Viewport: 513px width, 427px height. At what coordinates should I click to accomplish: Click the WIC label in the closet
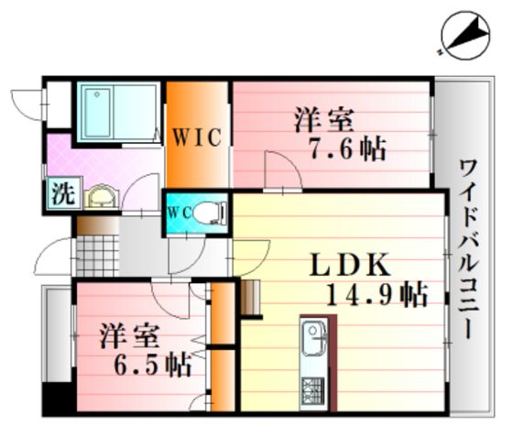[x=197, y=137]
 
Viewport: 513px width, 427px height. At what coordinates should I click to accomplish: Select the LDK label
[x=350, y=265]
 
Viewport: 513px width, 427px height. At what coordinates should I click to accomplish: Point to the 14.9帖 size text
[x=377, y=294]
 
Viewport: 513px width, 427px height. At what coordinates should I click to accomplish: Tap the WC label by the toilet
[x=180, y=213]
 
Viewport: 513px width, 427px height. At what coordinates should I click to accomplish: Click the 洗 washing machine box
[x=64, y=193]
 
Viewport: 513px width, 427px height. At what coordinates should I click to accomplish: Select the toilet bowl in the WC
[x=210, y=213]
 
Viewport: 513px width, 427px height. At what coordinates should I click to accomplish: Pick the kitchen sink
[x=313, y=338]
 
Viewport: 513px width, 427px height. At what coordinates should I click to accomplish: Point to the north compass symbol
[x=465, y=36]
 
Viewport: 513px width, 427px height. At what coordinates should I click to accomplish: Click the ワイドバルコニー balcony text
[x=469, y=249]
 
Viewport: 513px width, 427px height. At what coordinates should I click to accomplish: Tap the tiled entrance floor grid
[x=97, y=256]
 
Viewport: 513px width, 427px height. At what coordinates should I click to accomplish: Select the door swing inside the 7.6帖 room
[x=283, y=170]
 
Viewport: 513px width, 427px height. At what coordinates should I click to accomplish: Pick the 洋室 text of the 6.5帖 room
[x=129, y=335]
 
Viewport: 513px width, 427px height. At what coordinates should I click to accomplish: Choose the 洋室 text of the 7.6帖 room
[x=324, y=120]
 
